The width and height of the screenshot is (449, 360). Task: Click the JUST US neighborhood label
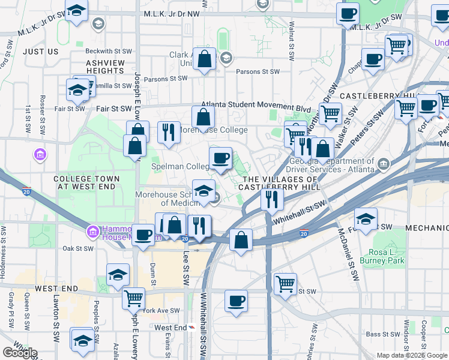pyautogui.click(x=41, y=52)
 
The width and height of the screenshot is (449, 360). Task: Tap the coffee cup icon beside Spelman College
pyautogui.click(x=220, y=158)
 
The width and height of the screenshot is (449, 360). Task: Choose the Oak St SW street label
pyautogui.click(x=78, y=248)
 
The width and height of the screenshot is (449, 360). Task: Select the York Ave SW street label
pyautogui.click(x=162, y=311)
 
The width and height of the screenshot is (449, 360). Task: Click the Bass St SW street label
pyautogui.click(x=382, y=334)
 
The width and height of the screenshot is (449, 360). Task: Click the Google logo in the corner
pyautogui.click(x=20, y=353)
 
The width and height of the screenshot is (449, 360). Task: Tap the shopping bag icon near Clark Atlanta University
pyautogui.click(x=205, y=59)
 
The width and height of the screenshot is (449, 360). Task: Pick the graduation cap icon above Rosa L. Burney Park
pyautogui.click(x=366, y=218)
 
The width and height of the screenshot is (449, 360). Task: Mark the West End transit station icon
pyautogui.click(x=191, y=327)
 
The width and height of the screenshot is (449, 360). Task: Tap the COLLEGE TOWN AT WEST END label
pyautogui.click(x=88, y=182)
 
